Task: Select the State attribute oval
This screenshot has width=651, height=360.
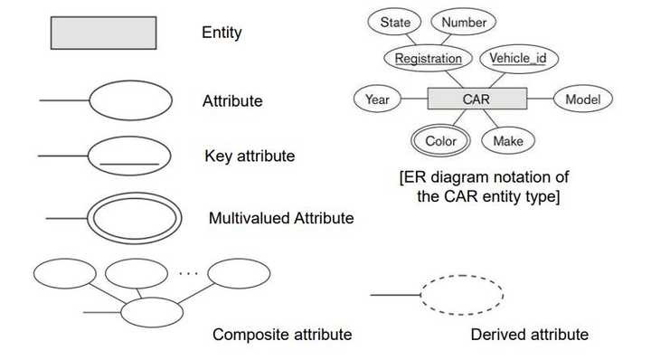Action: (x=395, y=22)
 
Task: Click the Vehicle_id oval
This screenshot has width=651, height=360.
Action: (x=518, y=59)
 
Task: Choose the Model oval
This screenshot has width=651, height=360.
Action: (x=582, y=99)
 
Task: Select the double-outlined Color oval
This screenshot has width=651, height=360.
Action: (x=440, y=140)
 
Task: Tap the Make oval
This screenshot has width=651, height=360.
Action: (x=508, y=140)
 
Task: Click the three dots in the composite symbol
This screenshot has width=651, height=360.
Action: (x=189, y=270)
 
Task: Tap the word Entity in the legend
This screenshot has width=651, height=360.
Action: (x=222, y=33)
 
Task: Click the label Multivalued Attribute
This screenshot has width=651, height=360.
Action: (x=280, y=218)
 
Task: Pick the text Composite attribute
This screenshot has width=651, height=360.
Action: (x=281, y=335)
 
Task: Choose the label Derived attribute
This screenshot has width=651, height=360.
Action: (x=529, y=335)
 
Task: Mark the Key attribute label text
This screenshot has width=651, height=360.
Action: (x=250, y=156)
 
